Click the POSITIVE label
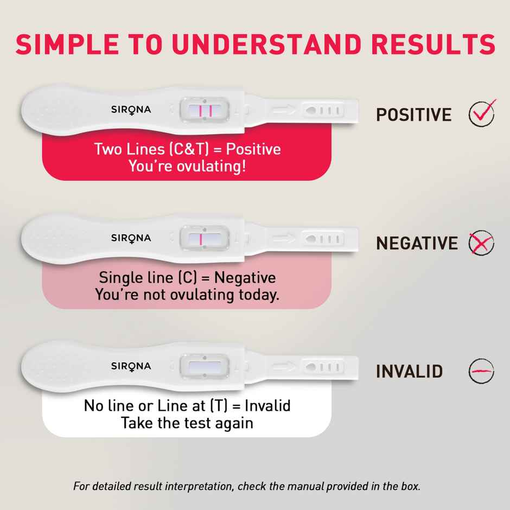[413, 115]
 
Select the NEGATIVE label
[417, 243]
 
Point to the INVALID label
[410, 372]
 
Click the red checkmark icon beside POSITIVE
[481, 113]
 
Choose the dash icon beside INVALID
[481, 371]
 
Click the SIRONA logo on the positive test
[131, 110]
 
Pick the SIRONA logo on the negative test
[131, 238]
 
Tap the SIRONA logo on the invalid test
[131, 366]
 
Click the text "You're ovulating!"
[187, 166]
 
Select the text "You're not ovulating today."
[187, 295]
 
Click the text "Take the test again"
[187, 423]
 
